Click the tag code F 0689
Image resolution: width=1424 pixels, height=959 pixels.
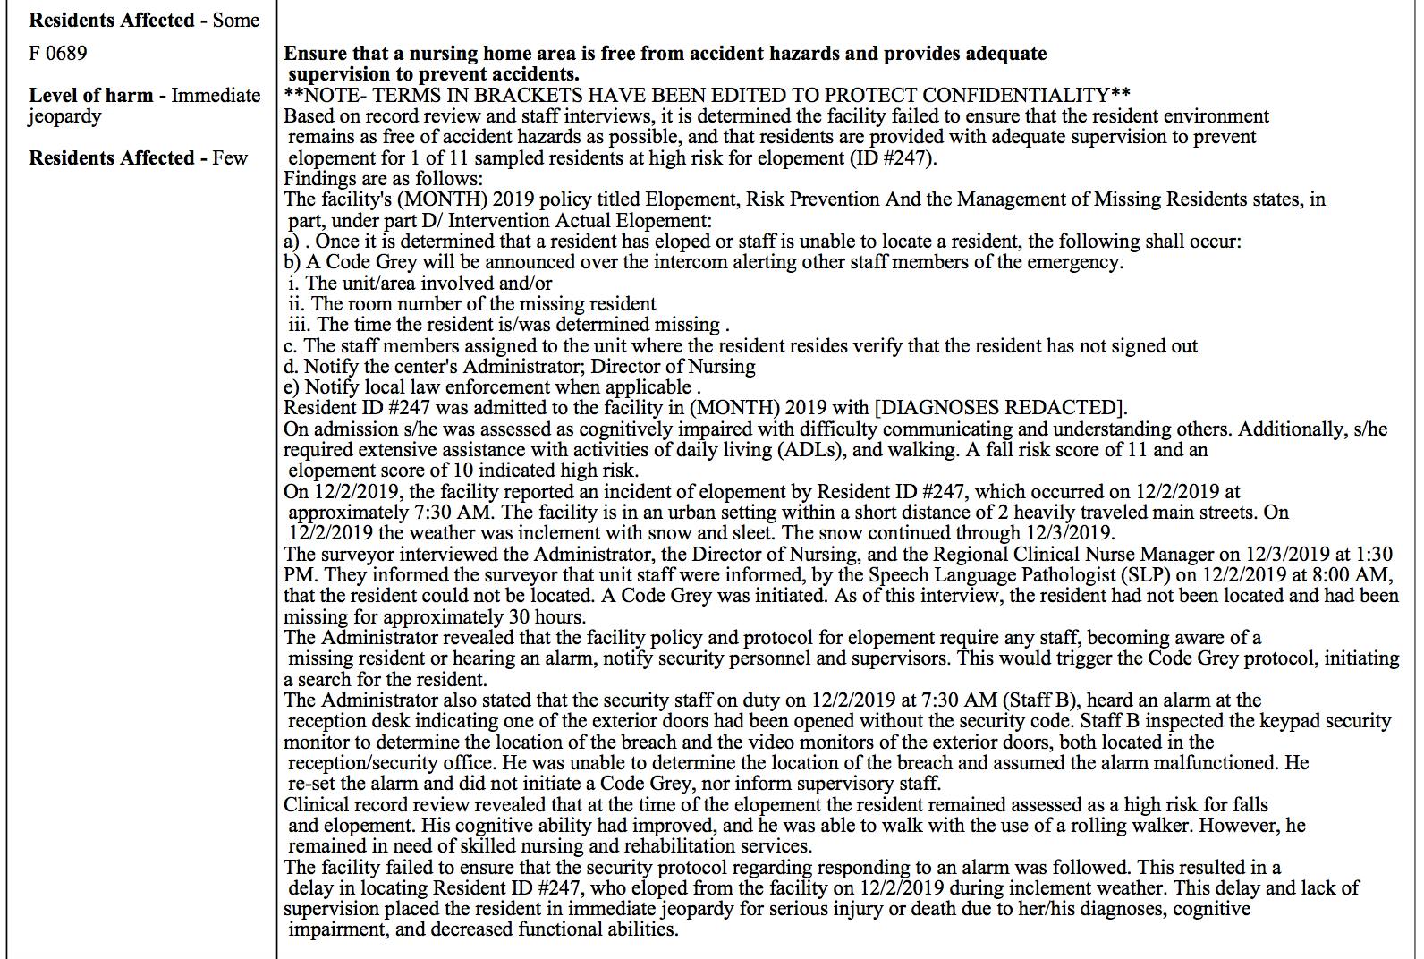tap(58, 54)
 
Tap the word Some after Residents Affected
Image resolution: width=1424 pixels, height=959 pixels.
tap(236, 20)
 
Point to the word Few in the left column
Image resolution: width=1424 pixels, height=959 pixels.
tap(230, 158)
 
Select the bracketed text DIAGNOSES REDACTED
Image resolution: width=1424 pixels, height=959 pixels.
tap(997, 408)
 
